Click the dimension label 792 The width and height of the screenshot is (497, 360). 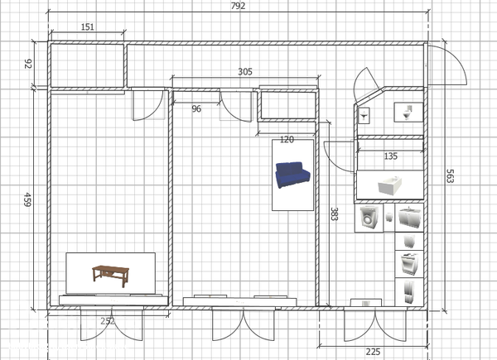(x=238, y=6)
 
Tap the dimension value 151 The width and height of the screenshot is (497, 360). (x=88, y=27)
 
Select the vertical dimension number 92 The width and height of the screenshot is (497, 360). (x=28, y=64)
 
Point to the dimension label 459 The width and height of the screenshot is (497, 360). (x=28, y=199)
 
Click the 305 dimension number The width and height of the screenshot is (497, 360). (x=245, y=72)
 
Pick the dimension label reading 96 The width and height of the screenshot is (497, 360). (x=196, y=109)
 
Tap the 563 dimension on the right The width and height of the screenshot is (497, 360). (x=450, y=176)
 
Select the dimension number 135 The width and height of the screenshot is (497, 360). (x=390, y=156)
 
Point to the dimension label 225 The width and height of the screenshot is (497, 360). (x=373, y=352)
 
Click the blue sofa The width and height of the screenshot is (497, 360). (x=292, y=175)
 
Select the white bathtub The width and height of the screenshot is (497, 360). (x=390, y=185)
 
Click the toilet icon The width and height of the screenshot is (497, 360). (x=408, y=112)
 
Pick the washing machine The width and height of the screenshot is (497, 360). (x=369, y=218)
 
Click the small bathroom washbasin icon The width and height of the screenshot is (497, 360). (x=364, y=116)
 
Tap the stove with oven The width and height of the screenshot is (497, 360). (x=408, y=264)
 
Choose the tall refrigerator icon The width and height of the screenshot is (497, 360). (x=409, y=292)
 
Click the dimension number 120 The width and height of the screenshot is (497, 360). (x=287, y=139)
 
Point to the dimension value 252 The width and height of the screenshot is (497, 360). (x=108, y=321)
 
